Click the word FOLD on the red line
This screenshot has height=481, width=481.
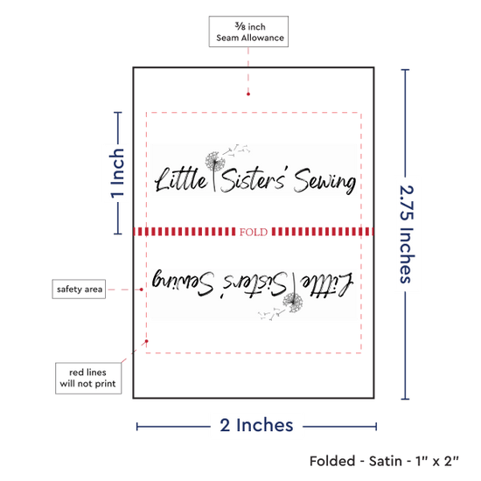point(254,232)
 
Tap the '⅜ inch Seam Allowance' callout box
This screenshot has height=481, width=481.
point(248,31)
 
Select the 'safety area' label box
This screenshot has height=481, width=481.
point(79,289)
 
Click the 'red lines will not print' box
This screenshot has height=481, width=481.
point(88,378)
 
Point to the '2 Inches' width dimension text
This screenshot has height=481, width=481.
point(256,425)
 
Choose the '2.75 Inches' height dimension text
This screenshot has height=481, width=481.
point(407,234)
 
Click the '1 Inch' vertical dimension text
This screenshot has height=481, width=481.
point(117,173)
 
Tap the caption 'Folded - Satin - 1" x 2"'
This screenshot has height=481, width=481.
point(384,461)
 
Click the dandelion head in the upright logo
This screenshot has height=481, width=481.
point(215,161)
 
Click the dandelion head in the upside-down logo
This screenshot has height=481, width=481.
point(293,303)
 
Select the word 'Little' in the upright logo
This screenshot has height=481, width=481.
point(181,179)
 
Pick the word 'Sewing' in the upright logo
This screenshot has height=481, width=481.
point(325,181)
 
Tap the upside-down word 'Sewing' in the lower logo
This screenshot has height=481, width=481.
point(183,282)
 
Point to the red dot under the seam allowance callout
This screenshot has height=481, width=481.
point(248,94)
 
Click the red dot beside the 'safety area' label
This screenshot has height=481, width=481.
point(141,289)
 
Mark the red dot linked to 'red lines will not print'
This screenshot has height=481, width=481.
point(147,341)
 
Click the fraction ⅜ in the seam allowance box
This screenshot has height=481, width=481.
point(240,26)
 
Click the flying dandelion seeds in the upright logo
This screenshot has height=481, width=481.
point(236,150)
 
